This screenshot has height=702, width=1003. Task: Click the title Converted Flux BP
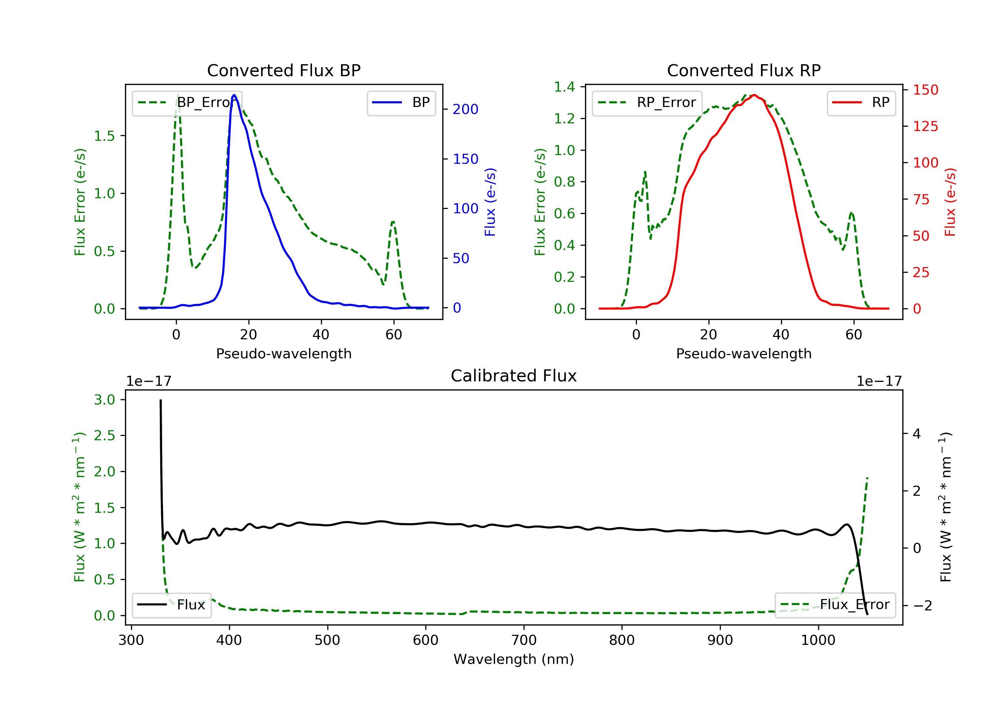coord(284,70)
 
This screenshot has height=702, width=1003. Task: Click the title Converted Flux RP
coord(744,70)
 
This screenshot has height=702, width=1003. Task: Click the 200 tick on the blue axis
coord(465,109)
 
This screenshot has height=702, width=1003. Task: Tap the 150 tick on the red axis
coord(925,90)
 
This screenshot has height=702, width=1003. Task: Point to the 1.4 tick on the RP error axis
coord(564,87)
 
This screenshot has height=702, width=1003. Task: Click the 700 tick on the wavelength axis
coord(523,640)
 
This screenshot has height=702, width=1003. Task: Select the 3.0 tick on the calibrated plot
coord(104,400)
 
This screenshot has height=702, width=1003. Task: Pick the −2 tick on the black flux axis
coord(922,605)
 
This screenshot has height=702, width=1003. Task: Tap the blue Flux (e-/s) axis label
coord(490,202)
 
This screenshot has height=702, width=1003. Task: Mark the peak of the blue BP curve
coord(234,95)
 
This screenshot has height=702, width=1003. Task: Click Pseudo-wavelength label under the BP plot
coord(284,353)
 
